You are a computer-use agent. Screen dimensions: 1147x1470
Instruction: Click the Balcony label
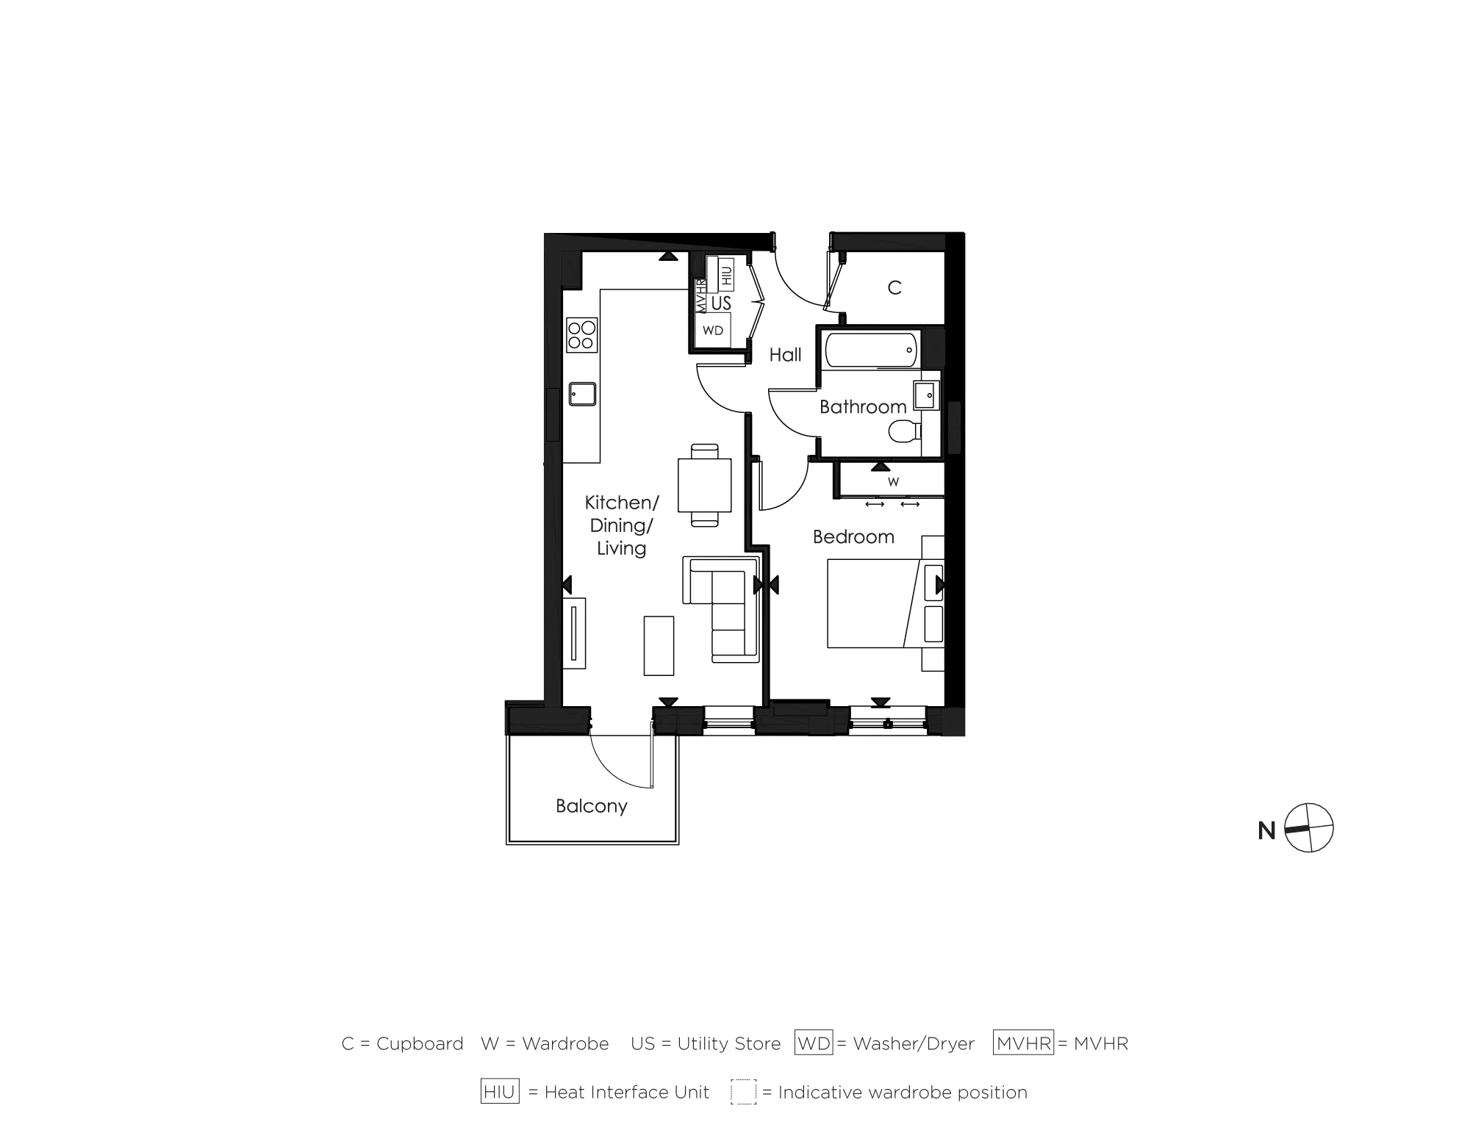(x=591, y=806)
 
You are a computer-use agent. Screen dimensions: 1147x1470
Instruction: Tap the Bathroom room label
(x=862, y=406)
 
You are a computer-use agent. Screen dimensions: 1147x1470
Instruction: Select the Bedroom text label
(x=853, y=536)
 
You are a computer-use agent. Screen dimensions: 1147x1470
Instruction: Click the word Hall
(x=785, y=355)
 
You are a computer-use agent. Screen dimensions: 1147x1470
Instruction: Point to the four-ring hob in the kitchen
(x=581, y=335)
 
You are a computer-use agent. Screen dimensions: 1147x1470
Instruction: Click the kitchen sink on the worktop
(x=582, y=394)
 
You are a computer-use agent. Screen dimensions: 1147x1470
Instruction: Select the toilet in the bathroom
(x=903, y=431)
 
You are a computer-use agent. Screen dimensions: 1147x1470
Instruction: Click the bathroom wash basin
(x=925, y=395)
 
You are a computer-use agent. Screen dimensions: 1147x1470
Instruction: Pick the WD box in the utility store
(x=713, y=331)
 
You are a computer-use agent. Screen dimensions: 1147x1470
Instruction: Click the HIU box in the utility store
(x=726, y=275)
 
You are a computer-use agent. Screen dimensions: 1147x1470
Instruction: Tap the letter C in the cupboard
(x=894, y=288)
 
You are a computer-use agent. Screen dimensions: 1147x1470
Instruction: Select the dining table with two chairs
(x=704, y=485)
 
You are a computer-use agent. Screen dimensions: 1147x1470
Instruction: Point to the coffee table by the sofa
(x=659, y=645)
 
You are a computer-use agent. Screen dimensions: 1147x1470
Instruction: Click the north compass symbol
(x=1308, y=828)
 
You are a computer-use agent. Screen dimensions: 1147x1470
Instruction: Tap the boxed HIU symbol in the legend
(x=500, y=1092)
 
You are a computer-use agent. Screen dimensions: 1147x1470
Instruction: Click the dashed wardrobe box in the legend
(x=743, y=1092)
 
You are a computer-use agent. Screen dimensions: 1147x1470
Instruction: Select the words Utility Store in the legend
(x=728, y=1043)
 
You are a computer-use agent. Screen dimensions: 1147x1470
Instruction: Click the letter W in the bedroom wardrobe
(x=893, y=482)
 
